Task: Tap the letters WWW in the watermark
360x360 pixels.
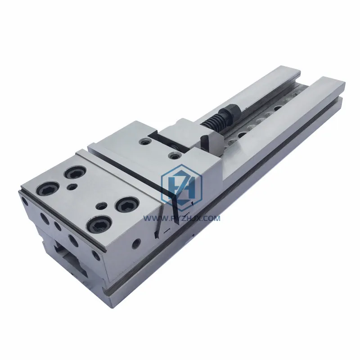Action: point(153,218)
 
